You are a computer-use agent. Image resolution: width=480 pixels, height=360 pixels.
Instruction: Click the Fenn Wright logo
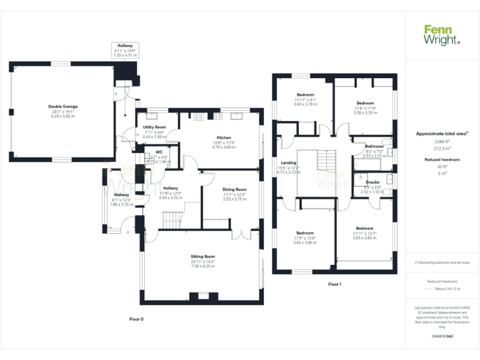442,34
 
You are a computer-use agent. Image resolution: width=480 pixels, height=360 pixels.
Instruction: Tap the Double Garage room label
61,106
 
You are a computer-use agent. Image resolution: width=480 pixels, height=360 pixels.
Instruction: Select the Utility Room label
154,127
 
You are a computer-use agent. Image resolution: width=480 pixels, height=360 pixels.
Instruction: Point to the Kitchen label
224,137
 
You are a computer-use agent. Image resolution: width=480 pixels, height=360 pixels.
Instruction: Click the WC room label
150,152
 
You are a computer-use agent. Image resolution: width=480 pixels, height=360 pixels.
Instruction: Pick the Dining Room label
235,189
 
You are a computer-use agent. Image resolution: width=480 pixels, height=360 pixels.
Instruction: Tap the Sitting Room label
202,256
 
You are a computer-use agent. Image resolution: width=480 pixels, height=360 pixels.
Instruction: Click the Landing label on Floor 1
288,162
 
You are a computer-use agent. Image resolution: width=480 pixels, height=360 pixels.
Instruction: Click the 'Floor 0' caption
136,319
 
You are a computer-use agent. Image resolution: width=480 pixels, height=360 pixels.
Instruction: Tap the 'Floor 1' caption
334,284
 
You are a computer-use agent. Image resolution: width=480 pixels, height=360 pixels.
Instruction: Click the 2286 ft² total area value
442,142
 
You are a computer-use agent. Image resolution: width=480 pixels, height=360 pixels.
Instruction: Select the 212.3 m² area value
442,149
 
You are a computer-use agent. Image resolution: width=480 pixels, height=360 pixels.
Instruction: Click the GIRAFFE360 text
442,337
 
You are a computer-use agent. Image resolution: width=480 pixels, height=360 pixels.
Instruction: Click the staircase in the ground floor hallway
172,220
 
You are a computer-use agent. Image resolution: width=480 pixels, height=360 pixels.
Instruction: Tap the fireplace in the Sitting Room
202,296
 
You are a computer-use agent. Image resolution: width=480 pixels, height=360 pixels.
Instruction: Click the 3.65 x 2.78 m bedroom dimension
306,104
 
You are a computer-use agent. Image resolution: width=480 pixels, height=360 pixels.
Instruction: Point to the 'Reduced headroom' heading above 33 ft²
442,159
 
